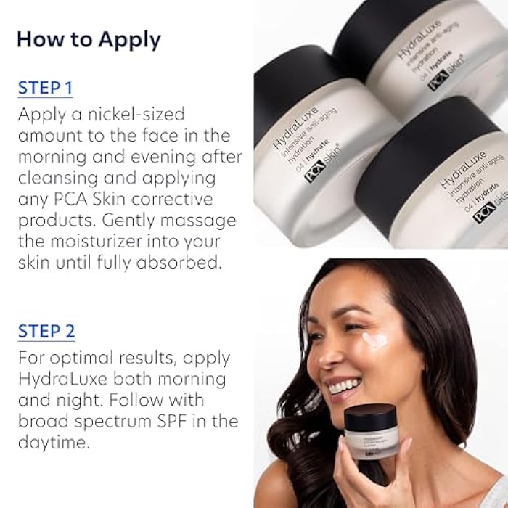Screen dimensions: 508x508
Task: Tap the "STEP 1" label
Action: coord(46,89)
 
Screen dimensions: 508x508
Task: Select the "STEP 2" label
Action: coord(46,332)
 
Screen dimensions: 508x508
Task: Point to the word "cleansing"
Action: coord(57,177)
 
